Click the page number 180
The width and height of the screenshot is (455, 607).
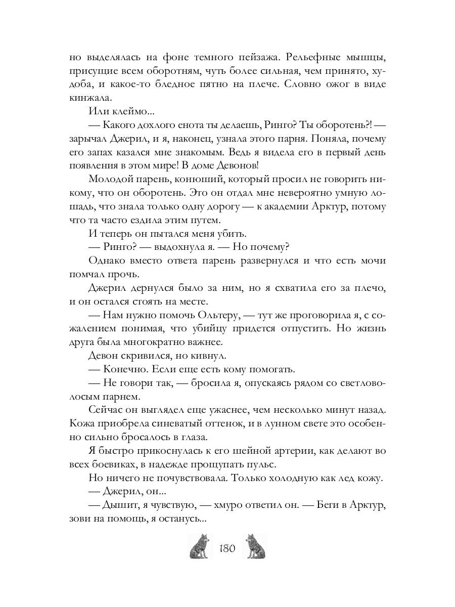tap(227, 548)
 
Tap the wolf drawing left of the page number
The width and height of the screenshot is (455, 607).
tap(201, 547)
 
